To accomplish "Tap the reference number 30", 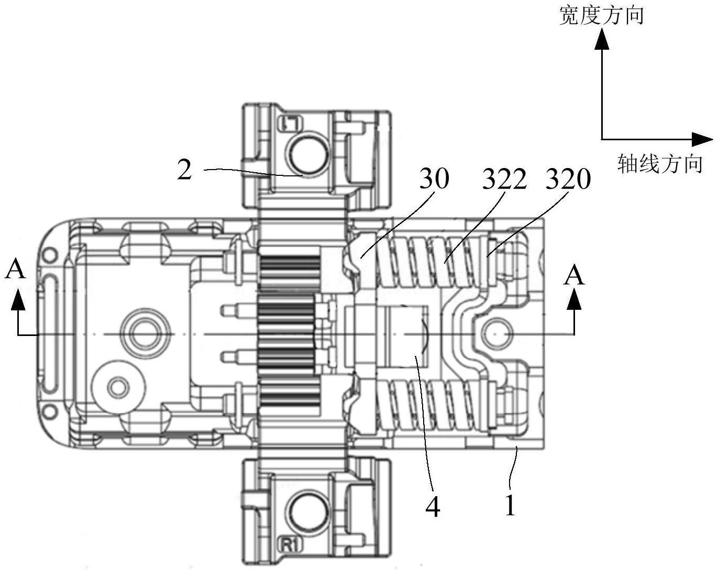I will [x=434, y=180].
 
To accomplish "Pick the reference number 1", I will [x=510, y=506].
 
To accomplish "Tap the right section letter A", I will [x=574, y=275].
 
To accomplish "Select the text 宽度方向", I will [x=601, y=16].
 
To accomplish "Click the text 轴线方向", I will [x=660, y=164].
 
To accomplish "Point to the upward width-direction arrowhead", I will [x=602, y=39].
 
